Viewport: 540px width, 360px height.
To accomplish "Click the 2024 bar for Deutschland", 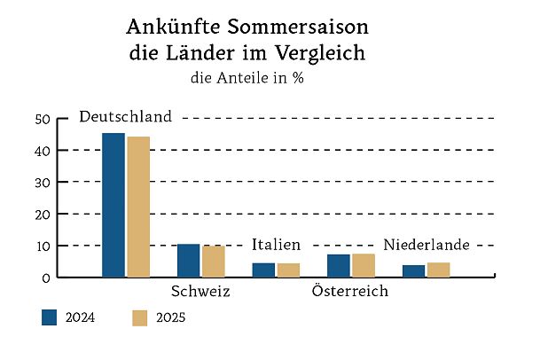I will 113,205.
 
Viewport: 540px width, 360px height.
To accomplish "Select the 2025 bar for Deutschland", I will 138,207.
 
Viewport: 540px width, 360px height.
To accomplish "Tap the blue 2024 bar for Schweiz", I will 188,261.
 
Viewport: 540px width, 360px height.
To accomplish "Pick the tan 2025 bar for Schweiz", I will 213,262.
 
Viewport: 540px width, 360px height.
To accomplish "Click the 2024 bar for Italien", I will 263,270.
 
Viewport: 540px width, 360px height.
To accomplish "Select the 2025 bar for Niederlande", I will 439,270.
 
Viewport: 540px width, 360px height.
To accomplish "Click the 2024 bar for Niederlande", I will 414,271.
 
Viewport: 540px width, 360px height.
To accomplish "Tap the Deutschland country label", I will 125,117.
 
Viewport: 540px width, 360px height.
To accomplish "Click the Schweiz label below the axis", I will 200,292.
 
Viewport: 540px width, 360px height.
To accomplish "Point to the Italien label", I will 276,245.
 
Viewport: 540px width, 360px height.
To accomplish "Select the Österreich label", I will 351,292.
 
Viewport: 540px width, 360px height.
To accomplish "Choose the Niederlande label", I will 426,245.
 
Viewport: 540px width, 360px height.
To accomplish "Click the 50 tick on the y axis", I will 42,119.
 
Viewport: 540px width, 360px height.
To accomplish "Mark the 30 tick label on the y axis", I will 42,183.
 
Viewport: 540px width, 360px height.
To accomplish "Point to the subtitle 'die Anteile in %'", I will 247,77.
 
